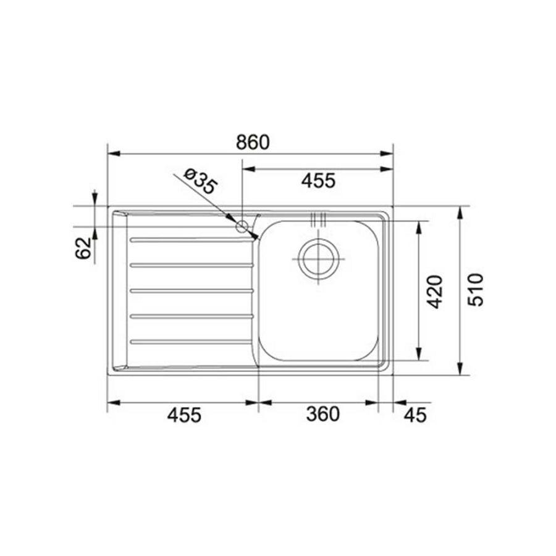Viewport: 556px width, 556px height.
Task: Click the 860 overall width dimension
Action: [x=253, y=142]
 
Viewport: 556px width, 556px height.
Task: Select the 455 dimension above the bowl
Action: [x=318, y=180]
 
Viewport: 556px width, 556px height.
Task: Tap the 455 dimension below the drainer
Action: [x=184, y=415]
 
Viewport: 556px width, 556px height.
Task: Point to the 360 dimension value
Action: [x=322, y=414]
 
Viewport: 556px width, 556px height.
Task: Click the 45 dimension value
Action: [x=415, y=415]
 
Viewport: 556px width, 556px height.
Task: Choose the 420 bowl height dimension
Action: [x=435, y=292]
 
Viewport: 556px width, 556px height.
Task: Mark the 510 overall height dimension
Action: [x=476, y=290]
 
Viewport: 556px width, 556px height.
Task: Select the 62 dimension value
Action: [x=83, y=248]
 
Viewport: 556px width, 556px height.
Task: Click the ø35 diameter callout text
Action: [x=200, y=181]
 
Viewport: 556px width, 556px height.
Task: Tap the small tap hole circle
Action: [x=242, y=226]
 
